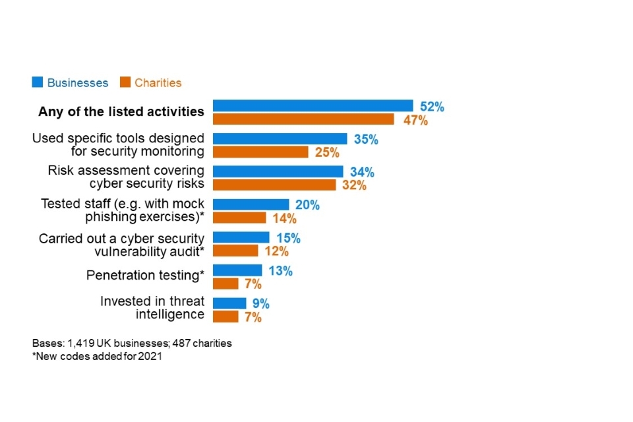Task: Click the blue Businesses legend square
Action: tap(38, 82)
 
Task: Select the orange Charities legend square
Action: tap(125, 82)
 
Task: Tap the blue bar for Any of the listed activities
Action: tap(313, 105)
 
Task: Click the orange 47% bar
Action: tap(303, 119)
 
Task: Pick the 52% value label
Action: tap(432, 107)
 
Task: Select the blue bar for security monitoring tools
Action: tap(280, 138)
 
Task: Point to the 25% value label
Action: tap(327, 153)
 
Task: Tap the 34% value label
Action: tap(362, 173)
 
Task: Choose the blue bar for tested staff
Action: tap(251, 204)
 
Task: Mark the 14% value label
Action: tap(284, 219)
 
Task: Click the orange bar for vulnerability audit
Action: tap(235, 251)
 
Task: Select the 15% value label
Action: tap(288, 238)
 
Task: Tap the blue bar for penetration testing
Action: tap(237, 270)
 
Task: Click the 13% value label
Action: tap(280, 271)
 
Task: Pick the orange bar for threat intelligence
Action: tap(226, 316)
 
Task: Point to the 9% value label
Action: tap(260, 304)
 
